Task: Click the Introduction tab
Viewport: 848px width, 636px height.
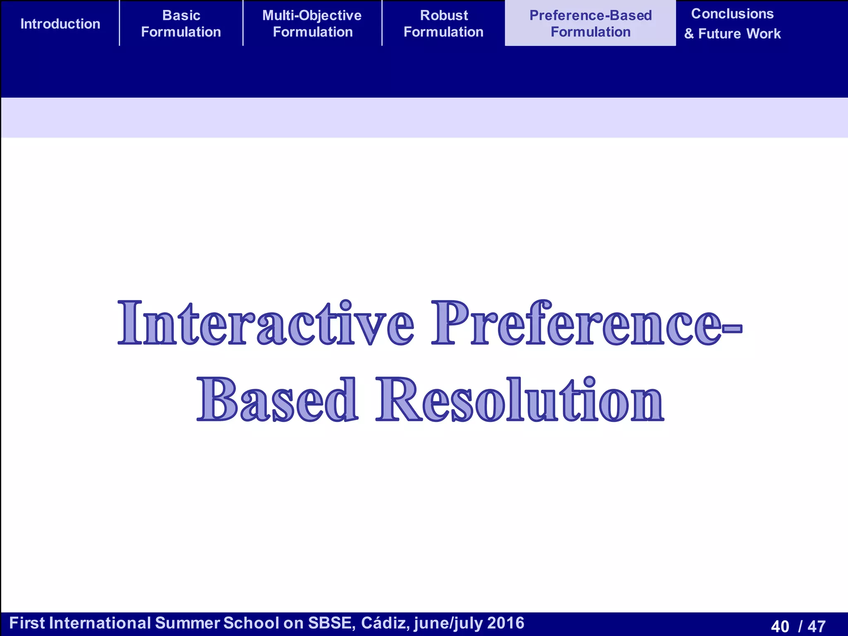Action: [60, 24]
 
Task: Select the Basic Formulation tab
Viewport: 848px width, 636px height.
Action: [181, 24]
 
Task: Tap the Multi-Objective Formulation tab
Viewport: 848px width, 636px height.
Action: [312, 24]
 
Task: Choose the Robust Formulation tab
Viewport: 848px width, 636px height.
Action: [443, 24]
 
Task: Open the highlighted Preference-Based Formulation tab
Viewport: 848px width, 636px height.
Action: [590, 24]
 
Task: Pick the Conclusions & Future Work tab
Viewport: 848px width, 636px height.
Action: [732, 24]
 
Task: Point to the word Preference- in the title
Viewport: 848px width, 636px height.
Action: [586, 323]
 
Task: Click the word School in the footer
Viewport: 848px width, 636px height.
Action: [251, 623]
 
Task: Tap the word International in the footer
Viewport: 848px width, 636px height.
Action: [100, 623]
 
